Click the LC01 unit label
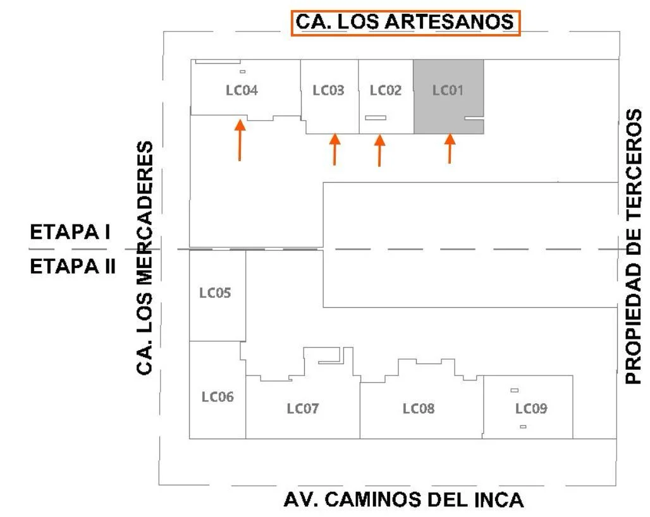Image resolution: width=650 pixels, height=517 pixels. [448, 90]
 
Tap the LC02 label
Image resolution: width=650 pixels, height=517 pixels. [385, 90]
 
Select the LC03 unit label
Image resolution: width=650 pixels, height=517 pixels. [328, 90]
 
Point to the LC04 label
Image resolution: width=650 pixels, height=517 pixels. [242, 90]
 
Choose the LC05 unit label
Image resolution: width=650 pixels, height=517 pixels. [215, 293]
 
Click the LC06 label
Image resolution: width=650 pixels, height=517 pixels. [218, 397]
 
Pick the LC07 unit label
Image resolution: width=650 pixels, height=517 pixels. [302, 409]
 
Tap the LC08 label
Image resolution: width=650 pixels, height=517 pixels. [419, 409]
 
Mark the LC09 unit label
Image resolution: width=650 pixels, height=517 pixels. [530, 409]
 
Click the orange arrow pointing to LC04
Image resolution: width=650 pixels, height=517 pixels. [240, 140]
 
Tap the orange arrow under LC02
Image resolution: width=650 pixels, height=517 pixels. [379, 150]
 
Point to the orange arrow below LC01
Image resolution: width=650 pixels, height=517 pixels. [450, 149]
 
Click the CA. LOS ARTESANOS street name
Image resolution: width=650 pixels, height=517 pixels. [405, 22]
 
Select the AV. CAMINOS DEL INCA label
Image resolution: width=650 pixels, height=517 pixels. [403, 500]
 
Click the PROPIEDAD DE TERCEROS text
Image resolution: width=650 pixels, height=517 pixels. [634, 246]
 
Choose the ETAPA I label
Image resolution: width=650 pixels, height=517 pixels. [70, 233]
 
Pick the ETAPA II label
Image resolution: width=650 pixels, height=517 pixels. [73, 266]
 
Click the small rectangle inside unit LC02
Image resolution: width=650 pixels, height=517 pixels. [376, 118]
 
